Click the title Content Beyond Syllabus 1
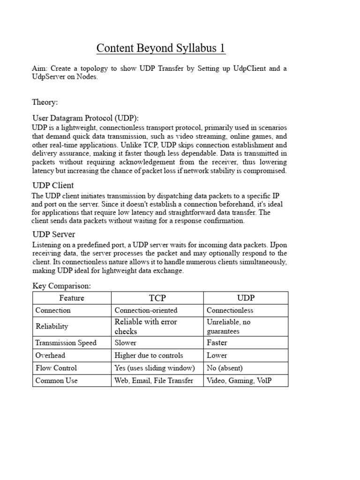click(161, 48)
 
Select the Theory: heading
click(45, 102)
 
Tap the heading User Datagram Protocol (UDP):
click(85, 118)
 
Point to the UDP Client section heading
click(53, 185)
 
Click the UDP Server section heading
click(53, 234)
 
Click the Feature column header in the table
click(72, 298)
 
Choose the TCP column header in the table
click(157, 298)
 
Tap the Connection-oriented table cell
click(146, 310)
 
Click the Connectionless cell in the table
click(230, 310)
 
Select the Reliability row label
click(52, 326)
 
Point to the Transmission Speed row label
click(66, 343)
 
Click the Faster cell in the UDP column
click(217, 343)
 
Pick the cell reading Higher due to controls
click(149, 355)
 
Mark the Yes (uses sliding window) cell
click(155, 368)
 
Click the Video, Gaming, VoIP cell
click(239, 381)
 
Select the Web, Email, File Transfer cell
click(154, 381)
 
